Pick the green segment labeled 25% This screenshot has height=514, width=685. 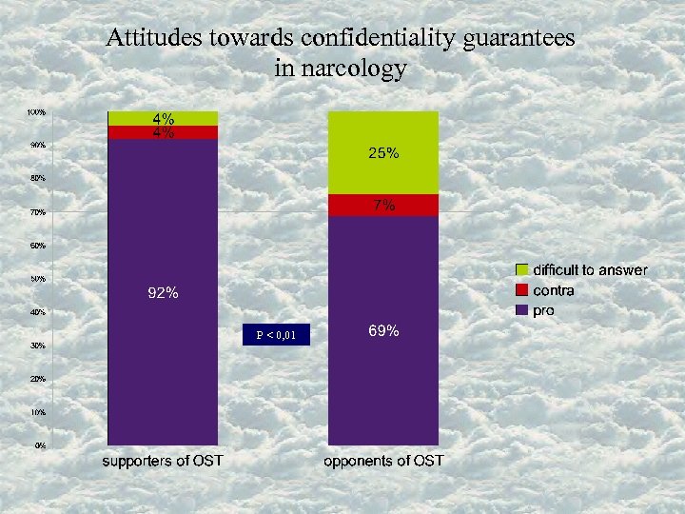[382, 153]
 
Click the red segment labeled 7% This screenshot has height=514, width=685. [382, 206]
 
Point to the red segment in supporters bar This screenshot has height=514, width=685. [163, 133]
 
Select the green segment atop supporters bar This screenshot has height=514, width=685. [163, 119]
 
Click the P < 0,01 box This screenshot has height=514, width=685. [275, 335]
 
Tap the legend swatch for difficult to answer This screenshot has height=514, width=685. [522, 270]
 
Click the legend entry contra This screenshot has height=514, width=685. [553, 290]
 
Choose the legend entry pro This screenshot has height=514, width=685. [543, 310]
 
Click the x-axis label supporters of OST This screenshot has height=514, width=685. [163, 462]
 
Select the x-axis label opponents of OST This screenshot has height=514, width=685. [383, 462]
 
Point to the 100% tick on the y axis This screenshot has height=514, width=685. [36, 112]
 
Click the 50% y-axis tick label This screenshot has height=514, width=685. [36, 279]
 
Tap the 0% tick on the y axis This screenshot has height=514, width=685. [39, 445]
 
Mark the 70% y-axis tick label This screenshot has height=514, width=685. [36, 212]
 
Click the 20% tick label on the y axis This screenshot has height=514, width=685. [36, 379]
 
